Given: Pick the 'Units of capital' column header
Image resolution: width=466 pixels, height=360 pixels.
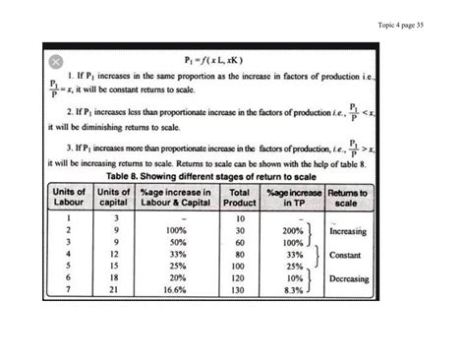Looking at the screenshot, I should [115, 198].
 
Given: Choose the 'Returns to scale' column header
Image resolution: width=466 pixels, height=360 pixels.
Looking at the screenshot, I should [348, 198].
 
